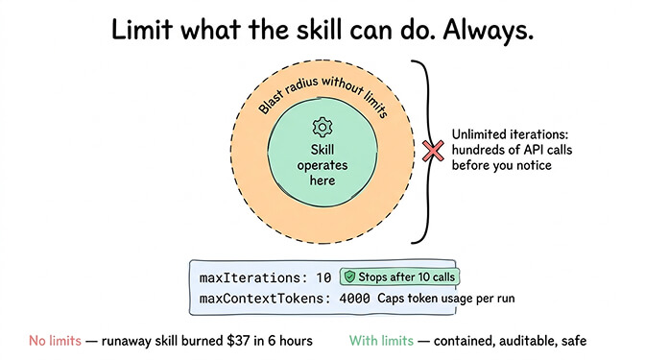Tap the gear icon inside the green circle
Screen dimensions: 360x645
click(322, 127)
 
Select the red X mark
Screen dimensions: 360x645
click(434, 150)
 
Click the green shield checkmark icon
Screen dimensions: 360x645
click(350, 276)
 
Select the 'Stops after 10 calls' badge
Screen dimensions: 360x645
click(398, 276)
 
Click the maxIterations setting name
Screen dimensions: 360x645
click(252, 277)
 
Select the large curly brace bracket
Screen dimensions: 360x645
click(422, 150)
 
